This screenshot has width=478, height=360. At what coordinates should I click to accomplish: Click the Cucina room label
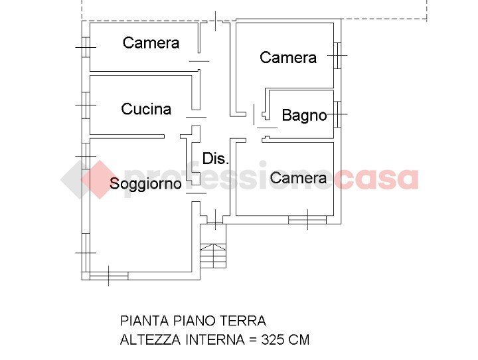146,109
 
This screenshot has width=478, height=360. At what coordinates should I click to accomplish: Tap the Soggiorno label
145,184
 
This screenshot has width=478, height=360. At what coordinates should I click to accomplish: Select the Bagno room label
304,116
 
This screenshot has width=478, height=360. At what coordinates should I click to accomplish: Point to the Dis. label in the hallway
216,159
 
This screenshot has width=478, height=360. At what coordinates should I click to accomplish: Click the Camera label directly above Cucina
151,43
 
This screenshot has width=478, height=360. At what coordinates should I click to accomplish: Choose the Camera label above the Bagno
288,58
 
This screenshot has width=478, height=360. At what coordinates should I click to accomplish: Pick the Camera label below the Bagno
298,178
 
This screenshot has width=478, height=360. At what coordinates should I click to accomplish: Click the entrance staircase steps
213,256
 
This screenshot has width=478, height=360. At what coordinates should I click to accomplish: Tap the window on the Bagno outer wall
337,114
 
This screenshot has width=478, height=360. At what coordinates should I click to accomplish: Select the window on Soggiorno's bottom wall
109,276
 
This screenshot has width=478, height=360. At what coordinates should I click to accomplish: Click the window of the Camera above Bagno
337,56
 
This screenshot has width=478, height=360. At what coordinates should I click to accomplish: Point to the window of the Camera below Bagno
307,219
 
